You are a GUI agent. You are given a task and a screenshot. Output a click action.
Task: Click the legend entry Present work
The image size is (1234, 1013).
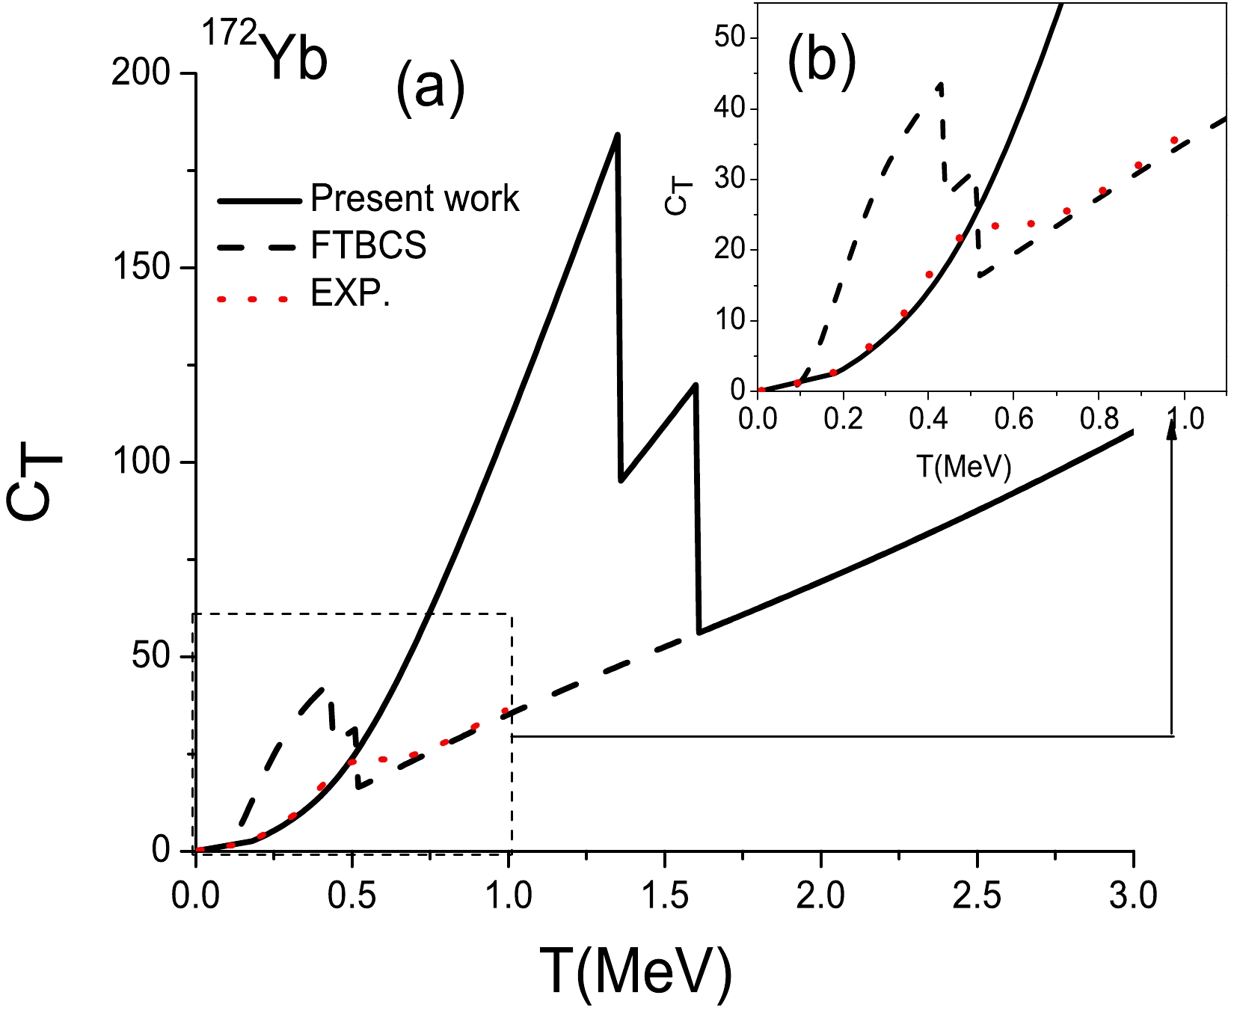(414, 198)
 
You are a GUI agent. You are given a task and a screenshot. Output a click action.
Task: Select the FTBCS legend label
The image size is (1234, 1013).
(369, 245)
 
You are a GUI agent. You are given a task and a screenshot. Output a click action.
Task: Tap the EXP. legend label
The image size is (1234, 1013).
(351, 295)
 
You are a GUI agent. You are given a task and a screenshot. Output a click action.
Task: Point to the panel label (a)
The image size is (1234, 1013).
(430, 91)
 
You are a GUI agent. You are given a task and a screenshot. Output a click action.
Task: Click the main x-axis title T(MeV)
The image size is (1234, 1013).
(635, 970)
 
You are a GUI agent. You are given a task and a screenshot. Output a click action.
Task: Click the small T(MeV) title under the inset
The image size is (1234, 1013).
(963, 467)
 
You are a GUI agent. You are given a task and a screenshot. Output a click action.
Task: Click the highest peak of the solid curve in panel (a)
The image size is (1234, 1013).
(617, 135)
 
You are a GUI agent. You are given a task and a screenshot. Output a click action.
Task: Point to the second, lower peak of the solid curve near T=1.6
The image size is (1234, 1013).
(696, 385)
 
